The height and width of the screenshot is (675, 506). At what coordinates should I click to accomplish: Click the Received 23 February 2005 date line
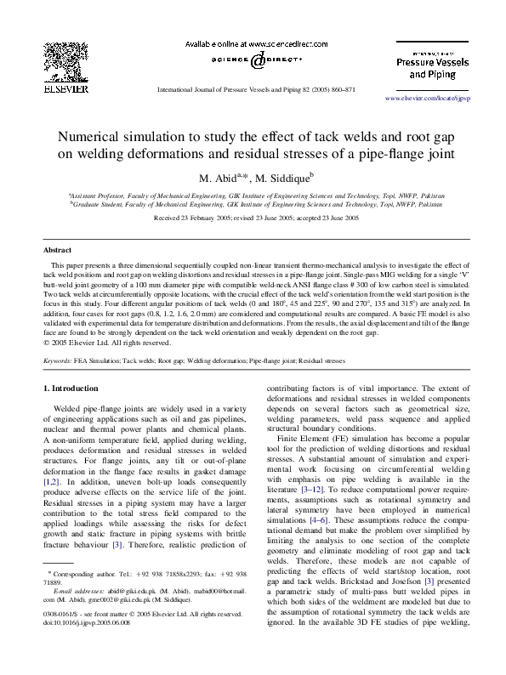(x=253, y=218)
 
